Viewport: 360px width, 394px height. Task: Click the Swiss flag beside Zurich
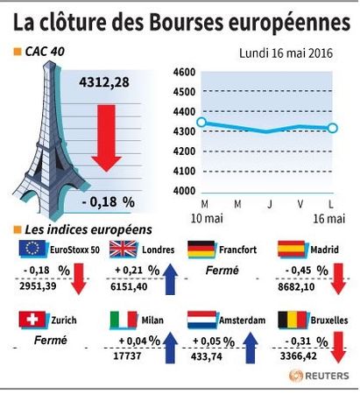coord(32,320)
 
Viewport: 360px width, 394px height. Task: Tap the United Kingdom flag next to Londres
coord(124,249)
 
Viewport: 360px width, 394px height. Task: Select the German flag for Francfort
coord(201,249)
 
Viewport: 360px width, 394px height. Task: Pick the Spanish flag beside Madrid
coord(292,249)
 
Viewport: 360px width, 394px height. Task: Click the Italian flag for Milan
coord(124,320)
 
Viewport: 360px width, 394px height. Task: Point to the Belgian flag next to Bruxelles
coord(293,320)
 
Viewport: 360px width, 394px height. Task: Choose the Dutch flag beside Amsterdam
coord(201,320)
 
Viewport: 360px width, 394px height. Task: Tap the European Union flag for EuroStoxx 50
coord(32,249)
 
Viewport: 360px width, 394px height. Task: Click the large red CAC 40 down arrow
coord(106,138)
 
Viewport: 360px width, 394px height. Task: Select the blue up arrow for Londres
coord(170,279)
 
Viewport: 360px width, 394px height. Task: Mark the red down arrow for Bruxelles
coord(338,348)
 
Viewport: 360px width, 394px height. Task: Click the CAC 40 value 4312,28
coord(104,82)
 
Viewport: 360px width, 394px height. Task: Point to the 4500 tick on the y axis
coord(184,92)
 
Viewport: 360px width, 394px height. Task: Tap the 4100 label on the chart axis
coord(184,171)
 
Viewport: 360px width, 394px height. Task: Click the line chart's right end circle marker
coord(333,128)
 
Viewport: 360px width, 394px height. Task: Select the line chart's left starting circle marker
coord(201,122)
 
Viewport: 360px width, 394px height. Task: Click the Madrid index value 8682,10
coord(296,287)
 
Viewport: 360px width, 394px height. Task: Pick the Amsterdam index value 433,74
coord(207,356)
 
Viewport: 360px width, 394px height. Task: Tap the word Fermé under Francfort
coord(222,271)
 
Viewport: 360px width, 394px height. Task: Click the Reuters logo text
coord(327,376)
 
